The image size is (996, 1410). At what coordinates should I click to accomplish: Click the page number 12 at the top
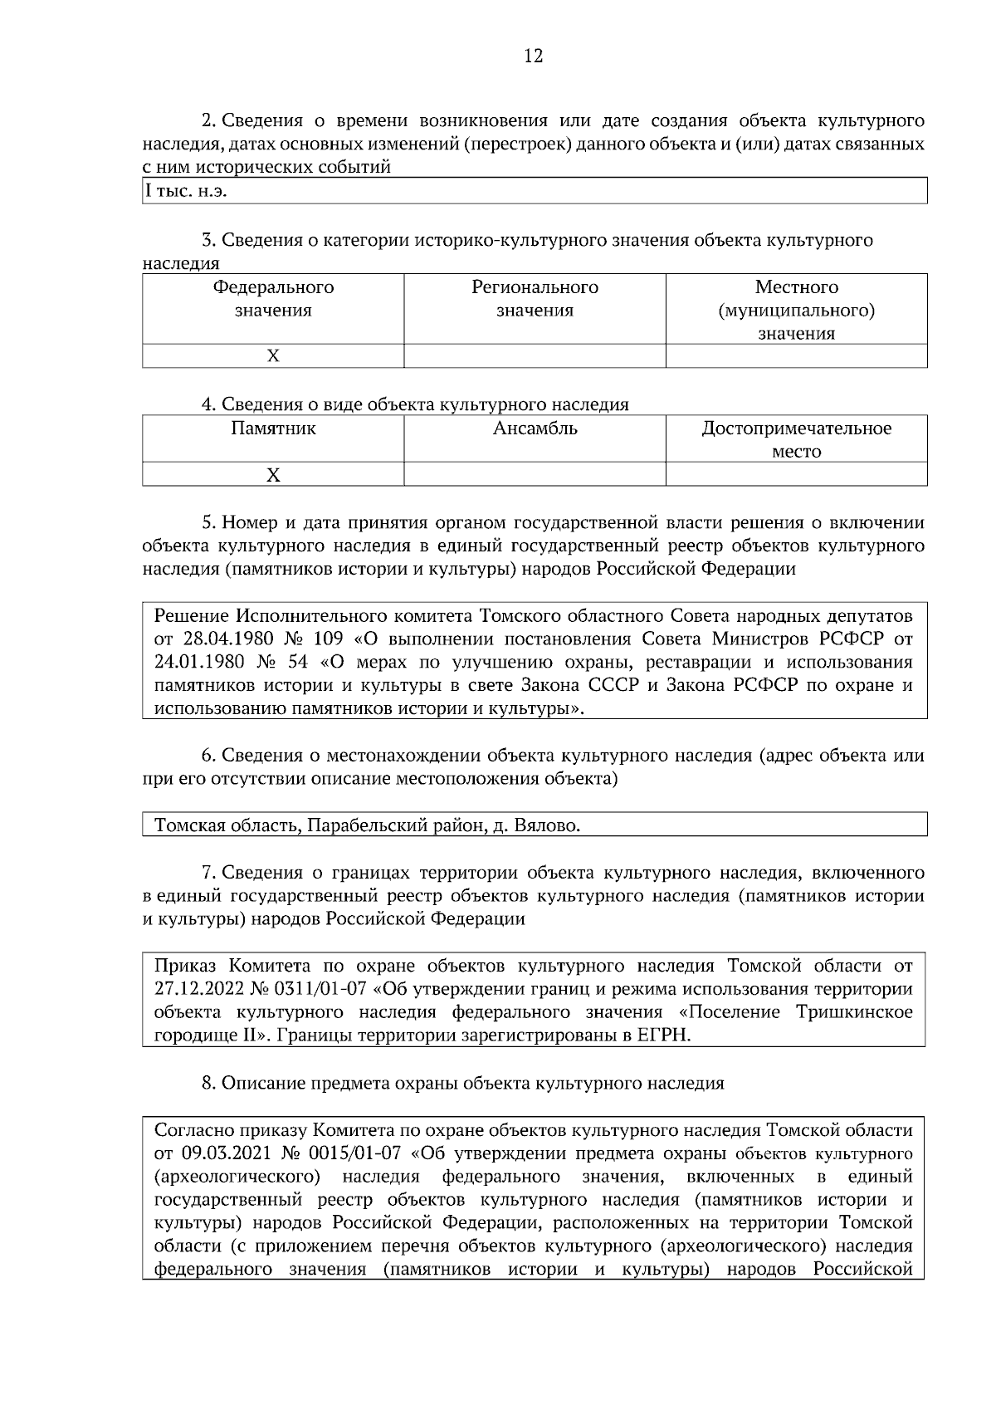pos(534,56)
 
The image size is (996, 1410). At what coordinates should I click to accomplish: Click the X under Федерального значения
pos(273,356)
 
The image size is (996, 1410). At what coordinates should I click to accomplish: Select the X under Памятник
pos(273,475)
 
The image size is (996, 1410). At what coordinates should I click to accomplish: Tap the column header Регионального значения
pos(535,299)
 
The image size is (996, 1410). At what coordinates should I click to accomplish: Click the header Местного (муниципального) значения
pos(796,310)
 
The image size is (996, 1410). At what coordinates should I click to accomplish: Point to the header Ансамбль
pos(535,429)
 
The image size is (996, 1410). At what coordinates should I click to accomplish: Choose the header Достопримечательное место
pos(796,440)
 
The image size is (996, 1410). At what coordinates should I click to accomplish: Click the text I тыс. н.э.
pos(186,192)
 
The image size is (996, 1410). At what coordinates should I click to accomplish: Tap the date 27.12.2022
pos(197,990)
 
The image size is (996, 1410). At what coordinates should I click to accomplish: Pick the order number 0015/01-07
pos(354,1154)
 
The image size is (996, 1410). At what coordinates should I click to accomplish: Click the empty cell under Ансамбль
pos(535,475)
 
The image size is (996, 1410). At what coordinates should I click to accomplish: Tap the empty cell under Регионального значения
pos(535,356)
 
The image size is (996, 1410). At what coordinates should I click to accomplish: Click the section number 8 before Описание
pos(207,1084)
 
